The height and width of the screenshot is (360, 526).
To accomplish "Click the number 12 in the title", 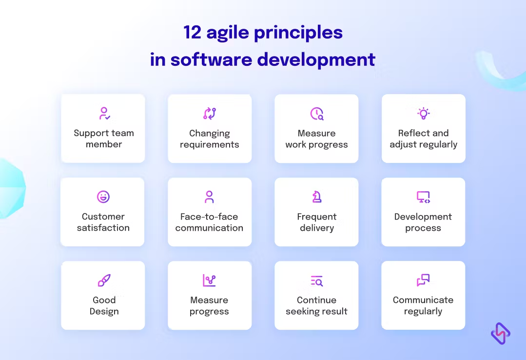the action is coord(192,33).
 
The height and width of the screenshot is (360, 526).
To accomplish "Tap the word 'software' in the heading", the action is coord(212,60).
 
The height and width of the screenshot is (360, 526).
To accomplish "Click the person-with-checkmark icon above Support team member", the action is coord(104,114).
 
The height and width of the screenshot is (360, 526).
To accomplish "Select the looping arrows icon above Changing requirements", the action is coord(210,114).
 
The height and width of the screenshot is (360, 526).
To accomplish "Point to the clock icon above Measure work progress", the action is coord(317,114).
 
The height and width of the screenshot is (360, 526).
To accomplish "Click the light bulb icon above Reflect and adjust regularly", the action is coord(423,114).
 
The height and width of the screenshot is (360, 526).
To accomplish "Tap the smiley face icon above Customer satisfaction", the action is coord(103,197).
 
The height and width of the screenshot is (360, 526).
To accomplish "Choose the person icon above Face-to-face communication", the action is coord(209,197).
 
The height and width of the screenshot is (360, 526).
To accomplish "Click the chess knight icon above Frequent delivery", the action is coord(317,197).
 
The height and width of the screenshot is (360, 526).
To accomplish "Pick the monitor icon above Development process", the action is coord(423,197).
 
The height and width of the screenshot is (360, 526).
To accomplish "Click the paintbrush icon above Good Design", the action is coord(104,280).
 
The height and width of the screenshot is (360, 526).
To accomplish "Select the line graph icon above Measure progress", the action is coord(209,280).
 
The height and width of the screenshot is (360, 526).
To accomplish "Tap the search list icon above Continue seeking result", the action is coord(317,281).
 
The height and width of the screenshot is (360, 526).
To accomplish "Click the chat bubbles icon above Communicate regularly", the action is coord(423,280).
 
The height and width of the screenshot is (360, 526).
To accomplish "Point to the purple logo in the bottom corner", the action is coord(501,334).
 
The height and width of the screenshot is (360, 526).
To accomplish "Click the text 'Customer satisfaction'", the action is coord(103,222).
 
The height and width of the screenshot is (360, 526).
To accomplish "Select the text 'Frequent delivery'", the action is coord(317,222).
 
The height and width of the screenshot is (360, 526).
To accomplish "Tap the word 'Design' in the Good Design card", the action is coord(104,311).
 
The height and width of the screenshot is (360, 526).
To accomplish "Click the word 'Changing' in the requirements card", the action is coord(210,133).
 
